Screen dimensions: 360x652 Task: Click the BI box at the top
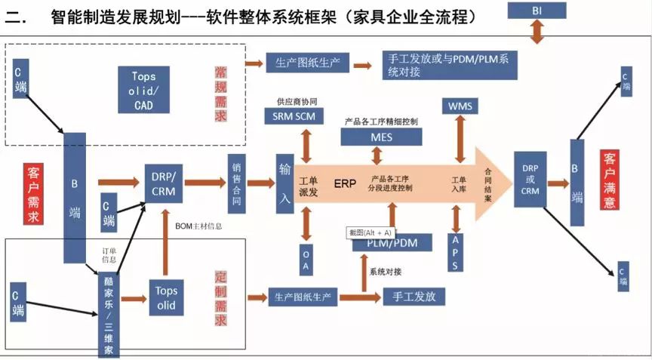coord(536,10)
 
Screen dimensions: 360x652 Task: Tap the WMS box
coord(460,106)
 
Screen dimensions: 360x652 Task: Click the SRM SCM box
coord(294,115)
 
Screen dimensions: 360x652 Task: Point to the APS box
coord(454,252)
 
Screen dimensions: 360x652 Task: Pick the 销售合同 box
coord(236,181)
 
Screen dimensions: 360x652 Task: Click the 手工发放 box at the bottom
coord(414,297)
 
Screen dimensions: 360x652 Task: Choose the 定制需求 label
coord(220,298)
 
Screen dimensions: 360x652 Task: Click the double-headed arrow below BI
coord(537,32)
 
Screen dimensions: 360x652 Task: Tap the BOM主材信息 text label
coord(199,226)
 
